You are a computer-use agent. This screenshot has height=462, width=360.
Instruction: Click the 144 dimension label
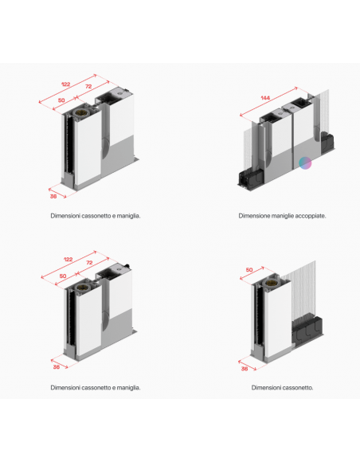(x=265, y=98)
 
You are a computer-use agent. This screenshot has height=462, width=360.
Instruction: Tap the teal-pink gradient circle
(x=305, y=163)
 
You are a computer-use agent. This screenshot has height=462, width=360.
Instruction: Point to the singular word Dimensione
(x=254, y=216)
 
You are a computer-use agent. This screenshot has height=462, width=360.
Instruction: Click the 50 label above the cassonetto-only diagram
(x=249, y=270)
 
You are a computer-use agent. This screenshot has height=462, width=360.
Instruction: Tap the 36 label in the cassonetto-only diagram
(x=245, y=369)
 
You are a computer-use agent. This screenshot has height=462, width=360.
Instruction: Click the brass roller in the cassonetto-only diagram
(x=270, y=284)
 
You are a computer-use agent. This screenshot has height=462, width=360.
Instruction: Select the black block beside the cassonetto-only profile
(x=307, y=331)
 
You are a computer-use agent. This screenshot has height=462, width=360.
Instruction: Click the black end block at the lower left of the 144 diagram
(x=250, y=179)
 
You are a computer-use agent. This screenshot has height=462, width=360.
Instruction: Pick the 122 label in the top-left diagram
(x=65, y=84)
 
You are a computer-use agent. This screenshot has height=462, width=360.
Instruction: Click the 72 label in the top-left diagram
(x=88, y=87)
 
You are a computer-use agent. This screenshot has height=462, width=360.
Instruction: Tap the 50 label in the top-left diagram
(x=61, y=100)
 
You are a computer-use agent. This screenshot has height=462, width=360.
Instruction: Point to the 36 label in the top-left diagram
(x=53, y=196)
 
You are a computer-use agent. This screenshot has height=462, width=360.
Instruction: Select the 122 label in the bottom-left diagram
(x=68, y=260)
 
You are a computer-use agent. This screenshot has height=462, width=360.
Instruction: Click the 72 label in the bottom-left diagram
(x=89, y=263)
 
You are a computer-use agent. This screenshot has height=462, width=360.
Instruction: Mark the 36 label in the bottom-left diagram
(x=57, y=367)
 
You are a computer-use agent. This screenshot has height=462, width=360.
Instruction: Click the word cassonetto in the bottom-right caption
(x=296, y=388)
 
